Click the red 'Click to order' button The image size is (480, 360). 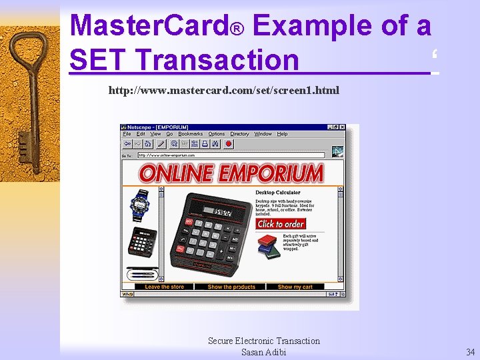281,224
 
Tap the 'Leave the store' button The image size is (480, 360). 164,287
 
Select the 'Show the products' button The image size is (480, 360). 231,287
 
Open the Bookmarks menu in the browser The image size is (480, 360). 190,134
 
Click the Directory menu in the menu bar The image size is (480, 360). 239,134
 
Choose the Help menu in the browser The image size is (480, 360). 282,134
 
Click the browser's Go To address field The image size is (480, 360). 230,155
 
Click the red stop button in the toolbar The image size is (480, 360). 229,143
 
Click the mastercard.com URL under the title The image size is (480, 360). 223,90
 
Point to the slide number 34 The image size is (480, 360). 470,351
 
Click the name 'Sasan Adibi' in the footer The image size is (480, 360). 263,351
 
